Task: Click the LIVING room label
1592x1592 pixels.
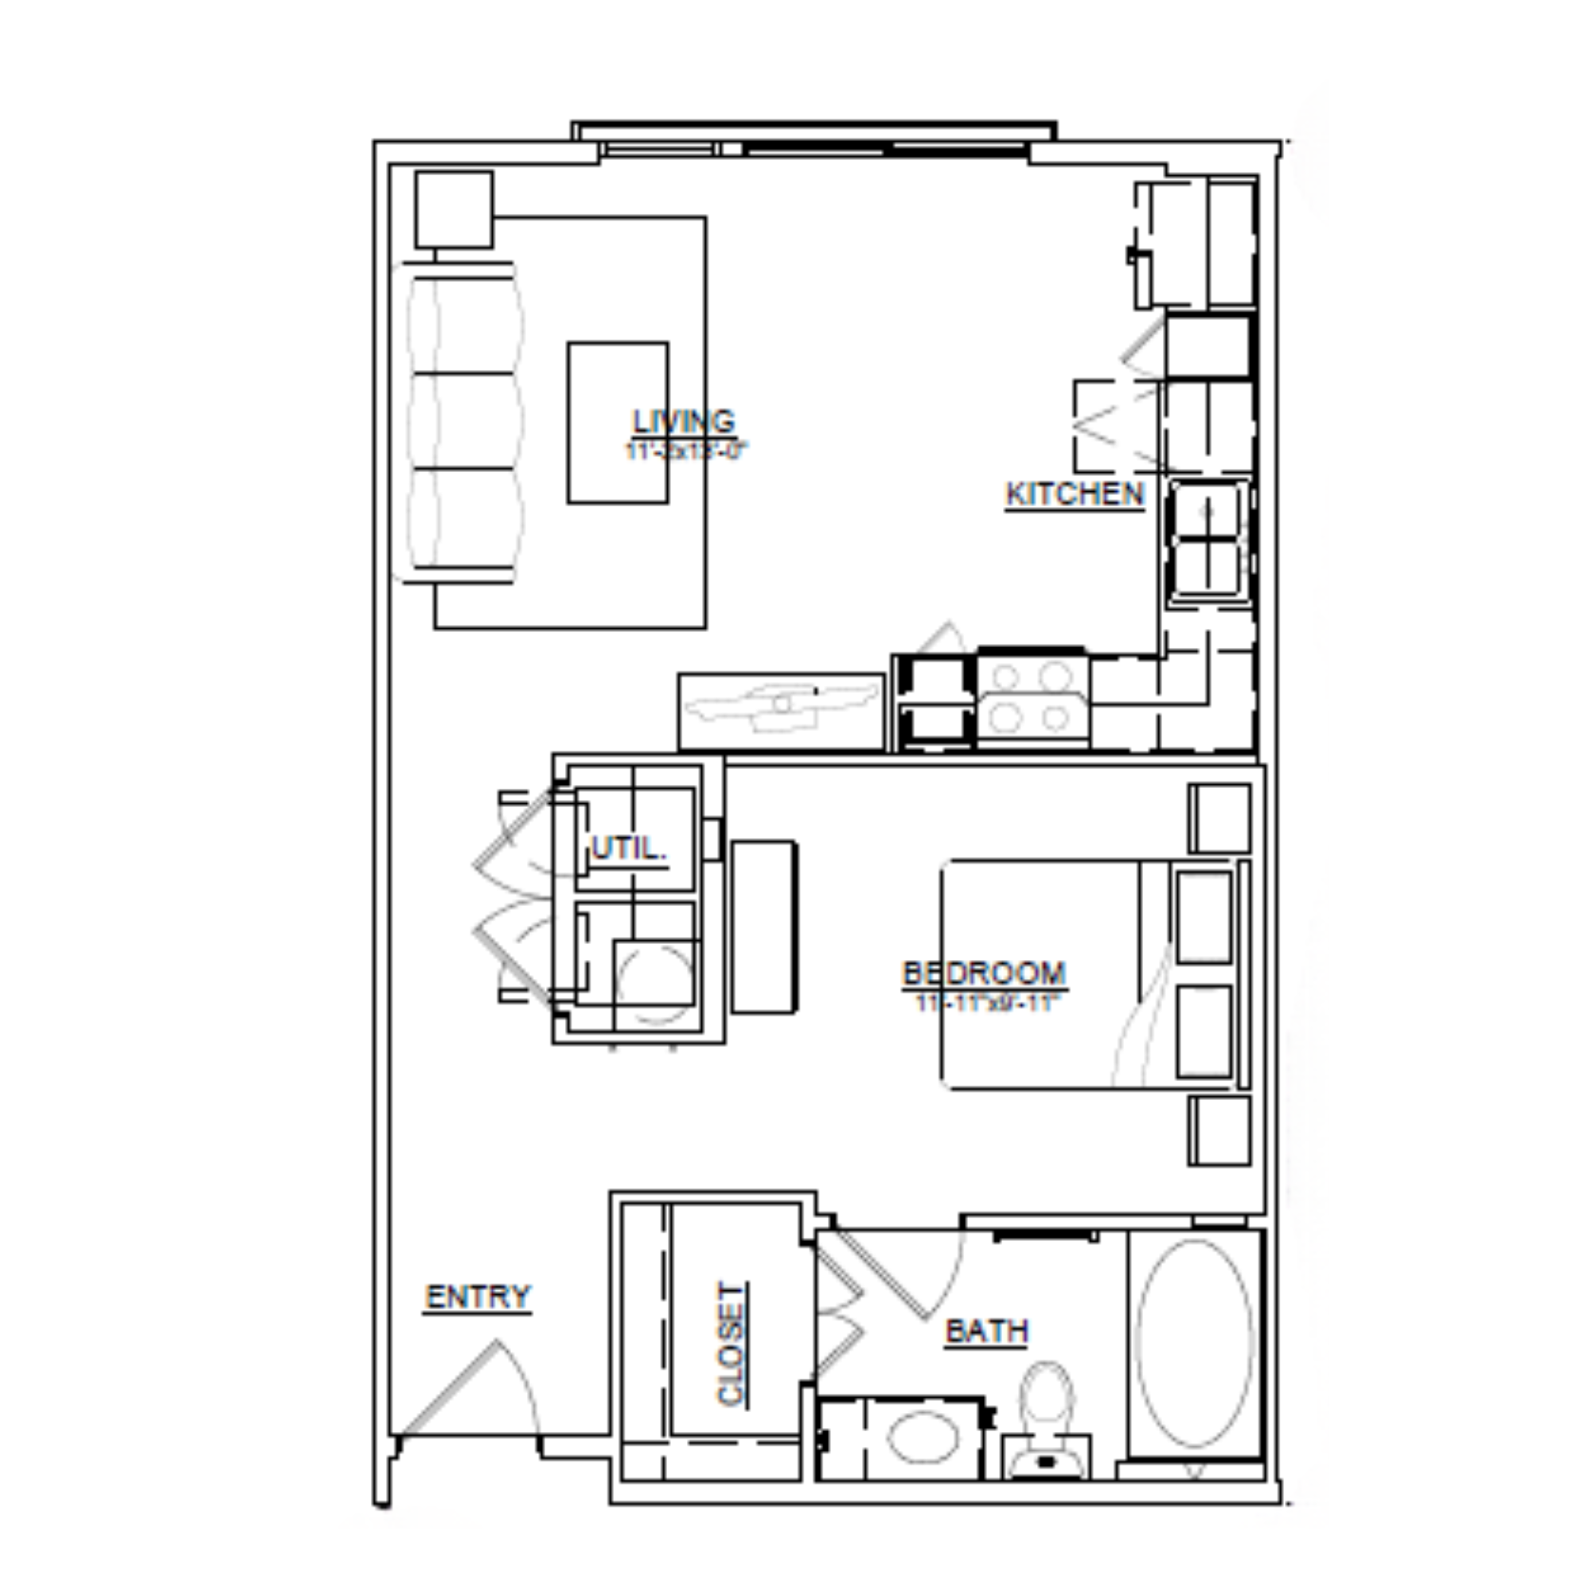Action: (683, 422)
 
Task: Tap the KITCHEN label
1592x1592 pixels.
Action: (1075, 494)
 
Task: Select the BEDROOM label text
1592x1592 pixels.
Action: (984, 974)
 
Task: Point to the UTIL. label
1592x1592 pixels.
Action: (629, 848)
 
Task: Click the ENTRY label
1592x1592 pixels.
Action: (478, 1296)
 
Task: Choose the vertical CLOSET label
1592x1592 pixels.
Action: (731, 1343)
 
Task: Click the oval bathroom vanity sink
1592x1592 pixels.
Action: (923, 1437)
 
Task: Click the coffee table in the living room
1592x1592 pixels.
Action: (617, 422)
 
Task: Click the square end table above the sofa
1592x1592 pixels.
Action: (454, 209)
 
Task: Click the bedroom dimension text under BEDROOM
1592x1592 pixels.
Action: (984, 1003)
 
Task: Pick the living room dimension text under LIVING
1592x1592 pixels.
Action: (685, 451)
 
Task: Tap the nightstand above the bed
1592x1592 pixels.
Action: (1219, 818)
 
